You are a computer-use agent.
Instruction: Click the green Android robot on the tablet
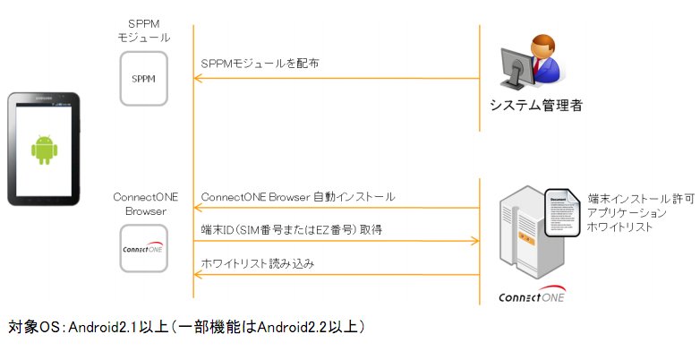[x=44, y=150]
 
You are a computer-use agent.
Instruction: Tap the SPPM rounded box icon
[x=144, y=79]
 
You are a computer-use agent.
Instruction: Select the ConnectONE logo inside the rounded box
[x=143, y=248]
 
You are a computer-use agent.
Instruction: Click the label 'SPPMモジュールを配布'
[x=260, y=64]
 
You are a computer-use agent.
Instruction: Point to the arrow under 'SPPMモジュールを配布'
[x=337, y=79]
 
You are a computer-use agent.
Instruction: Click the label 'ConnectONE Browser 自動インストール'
[x=298, y=197]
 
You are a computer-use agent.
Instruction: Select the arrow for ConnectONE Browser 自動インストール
[x=337, y=208]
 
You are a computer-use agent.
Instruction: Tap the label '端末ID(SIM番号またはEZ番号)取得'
[x=292, y=230]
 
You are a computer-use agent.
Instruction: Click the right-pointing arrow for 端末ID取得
[x=337, y=241]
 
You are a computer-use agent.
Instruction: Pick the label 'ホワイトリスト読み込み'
[x=258, y=263]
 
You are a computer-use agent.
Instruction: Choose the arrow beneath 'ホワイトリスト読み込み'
[x=337, y=275]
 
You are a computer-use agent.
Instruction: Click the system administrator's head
[x=543, y=47]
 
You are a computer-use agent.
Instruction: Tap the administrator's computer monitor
[x=516, y=68]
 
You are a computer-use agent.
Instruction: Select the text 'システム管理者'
[x=535, y=106]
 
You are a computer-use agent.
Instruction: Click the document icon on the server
[x=562, y=212]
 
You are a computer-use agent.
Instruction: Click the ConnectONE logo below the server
[x=532, y=296]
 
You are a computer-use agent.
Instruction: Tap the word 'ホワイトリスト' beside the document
[x=619, y=227]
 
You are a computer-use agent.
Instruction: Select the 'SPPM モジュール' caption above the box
[x=144, y=30]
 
